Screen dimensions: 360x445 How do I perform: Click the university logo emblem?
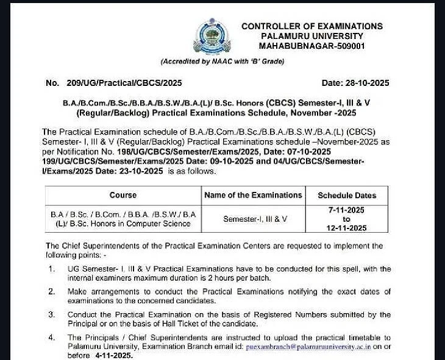pyautogui.click(x=212, y=37)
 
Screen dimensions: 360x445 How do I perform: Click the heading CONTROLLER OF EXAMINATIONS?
pyautogui.click(x=312, y=26)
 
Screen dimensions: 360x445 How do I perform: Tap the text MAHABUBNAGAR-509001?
pyautogui.click(x=311, y=46)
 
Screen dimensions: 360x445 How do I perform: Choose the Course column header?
pyautogui.click(x=123, y=196)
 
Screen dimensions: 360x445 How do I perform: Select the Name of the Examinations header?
pyautogui.click(x=253, y=196)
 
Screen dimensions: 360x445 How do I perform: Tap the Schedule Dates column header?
pyautogui.click(x=347, y=196)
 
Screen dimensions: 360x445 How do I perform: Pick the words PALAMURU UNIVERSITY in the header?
pyautogui.click(x=311, y=36)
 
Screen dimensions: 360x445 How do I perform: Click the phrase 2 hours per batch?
pyautogui.click(x=237, y=278)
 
